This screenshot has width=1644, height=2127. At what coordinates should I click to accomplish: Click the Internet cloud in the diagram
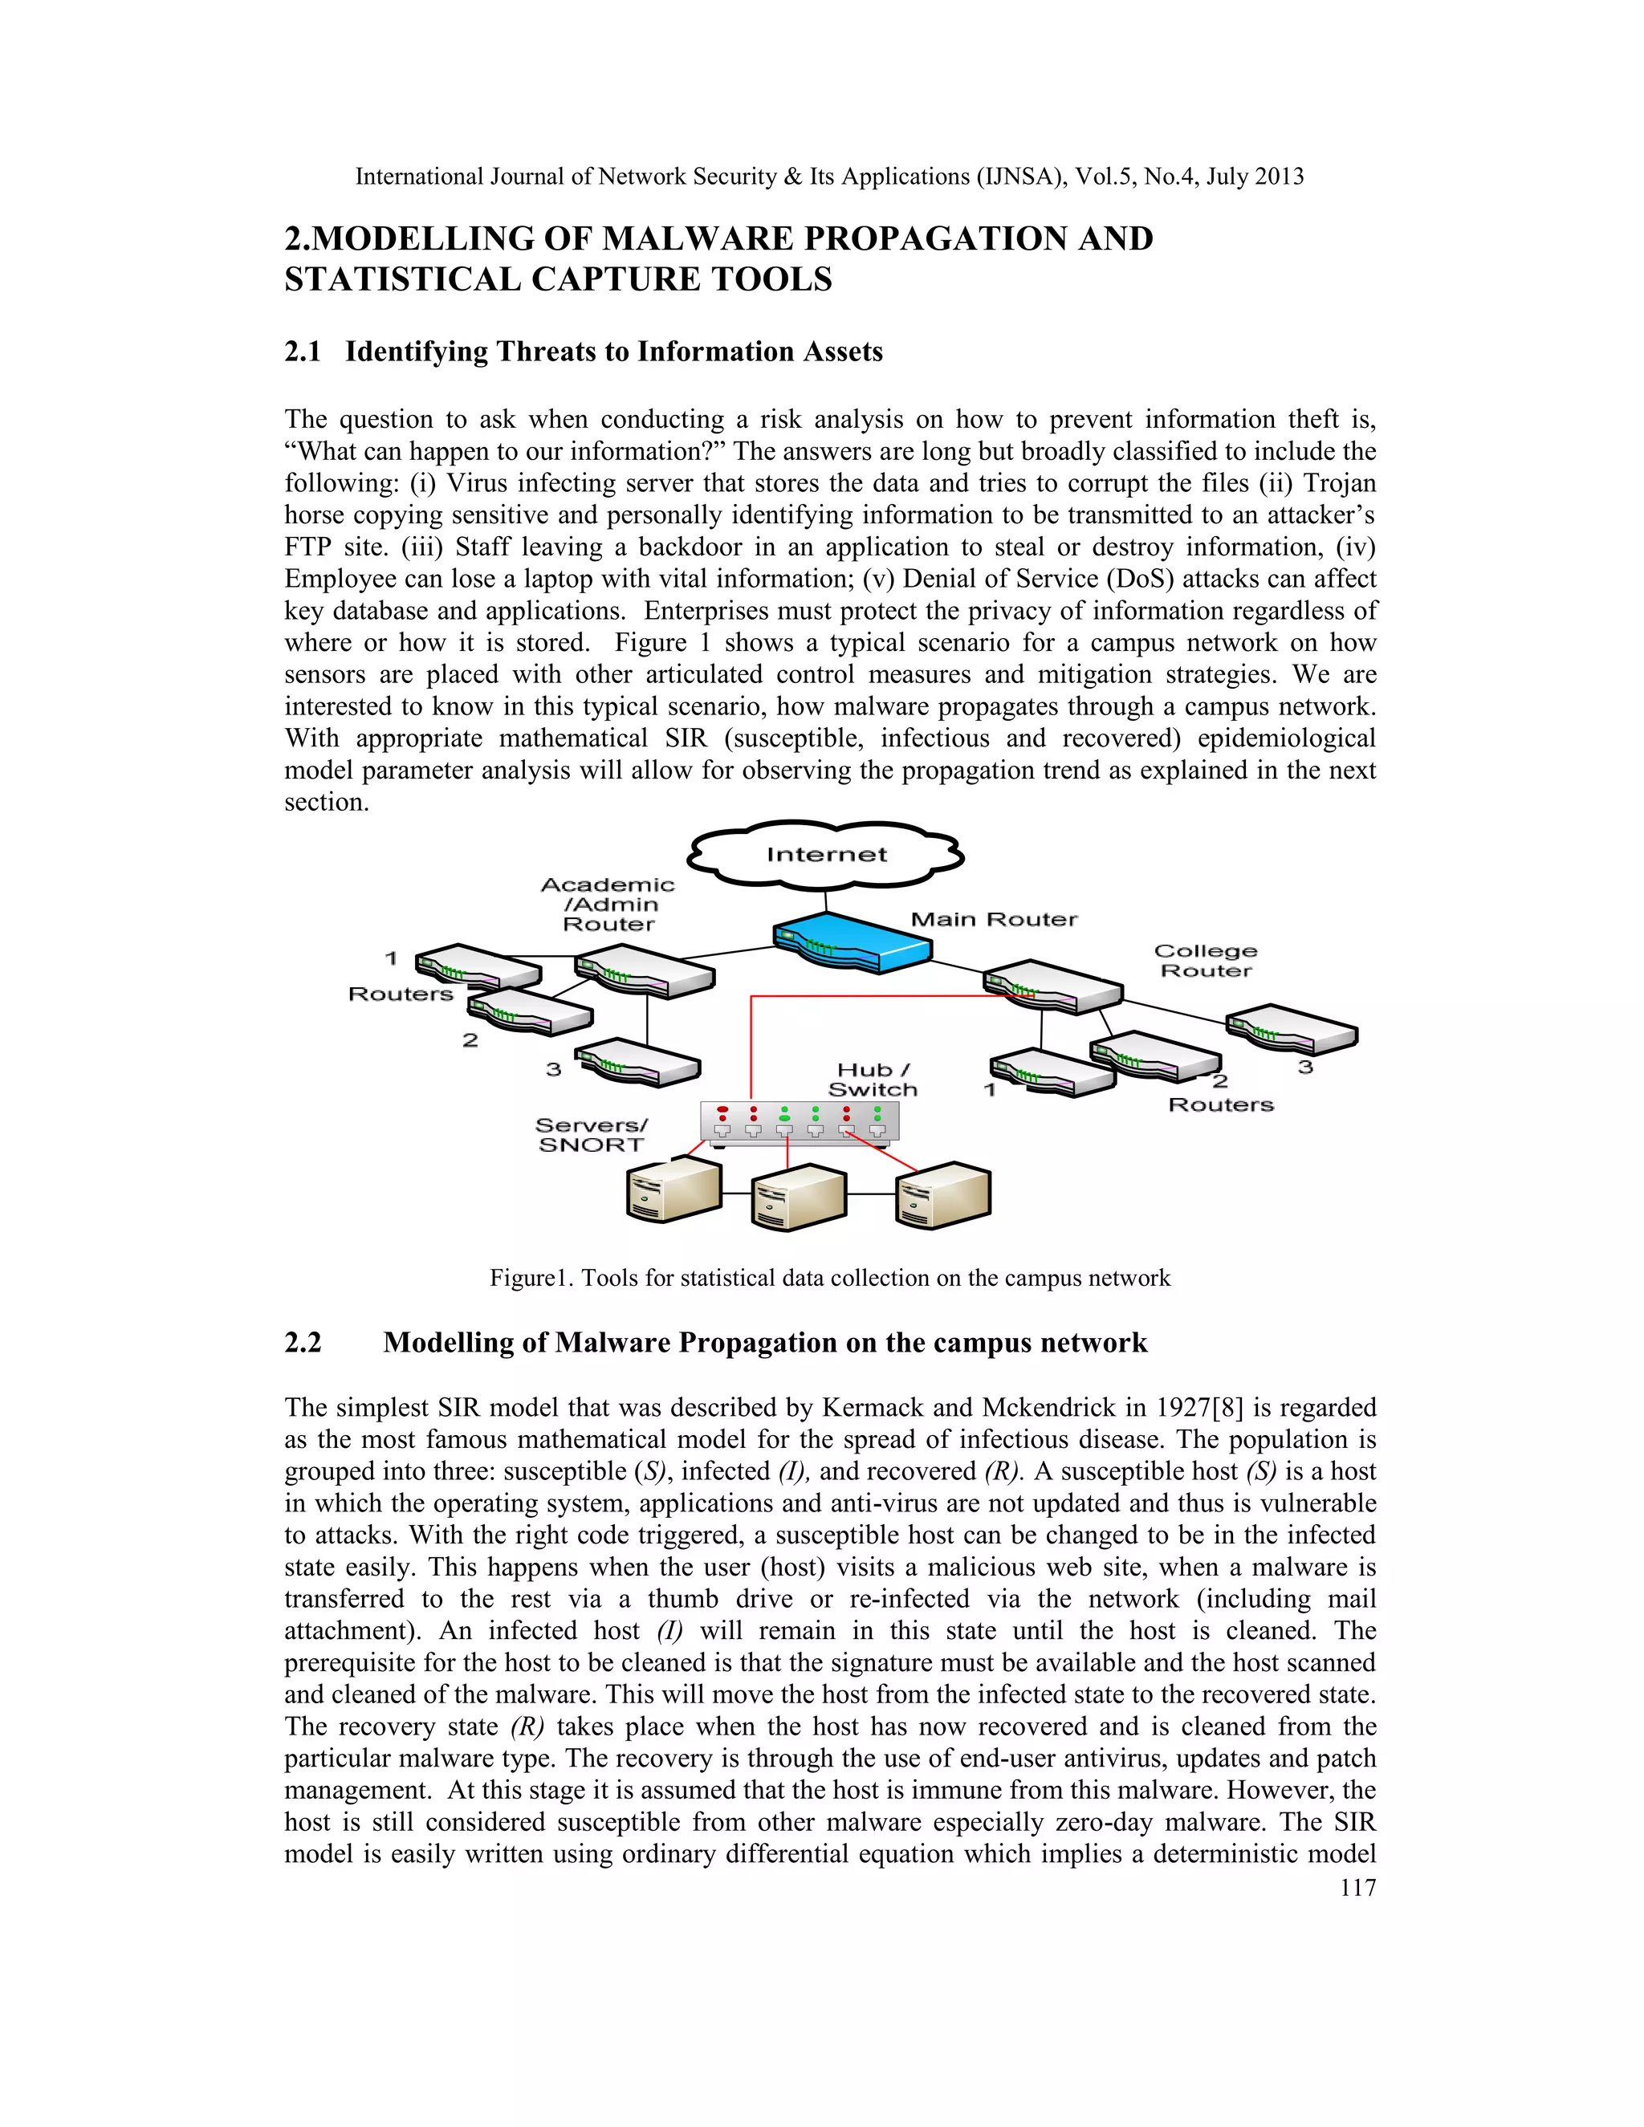825,855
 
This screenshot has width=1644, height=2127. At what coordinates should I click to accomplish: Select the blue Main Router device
853,941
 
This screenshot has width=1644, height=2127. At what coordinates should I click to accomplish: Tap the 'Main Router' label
994,919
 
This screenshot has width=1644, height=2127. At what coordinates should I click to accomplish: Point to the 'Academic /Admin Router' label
608,904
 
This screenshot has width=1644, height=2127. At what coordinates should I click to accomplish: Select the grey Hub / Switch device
800,1123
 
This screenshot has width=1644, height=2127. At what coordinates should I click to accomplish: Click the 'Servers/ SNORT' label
591,1136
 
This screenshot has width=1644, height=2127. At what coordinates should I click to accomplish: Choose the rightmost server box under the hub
942,1195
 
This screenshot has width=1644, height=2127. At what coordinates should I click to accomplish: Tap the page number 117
1357,1888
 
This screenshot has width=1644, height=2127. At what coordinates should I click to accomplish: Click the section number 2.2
303,1343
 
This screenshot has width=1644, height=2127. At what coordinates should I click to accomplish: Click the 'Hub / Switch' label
873,1080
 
